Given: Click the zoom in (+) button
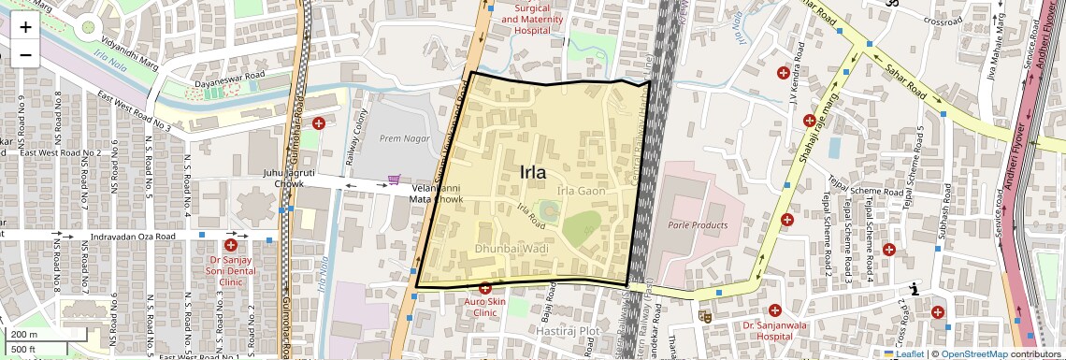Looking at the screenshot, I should pos(25,26).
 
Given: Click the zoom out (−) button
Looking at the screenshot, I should pos(25,54).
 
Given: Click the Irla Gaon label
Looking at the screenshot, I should pos(582,191).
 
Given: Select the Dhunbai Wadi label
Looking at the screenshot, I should pos(511,250).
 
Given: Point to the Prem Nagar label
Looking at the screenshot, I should pos(403,138).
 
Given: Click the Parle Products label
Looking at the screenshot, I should pos(698,225).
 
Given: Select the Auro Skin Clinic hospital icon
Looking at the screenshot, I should pos(484,288).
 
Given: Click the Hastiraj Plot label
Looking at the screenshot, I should pos(568,332).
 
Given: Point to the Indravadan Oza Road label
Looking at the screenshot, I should pos(132,237).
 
